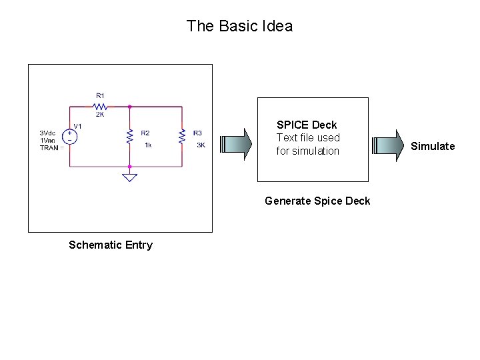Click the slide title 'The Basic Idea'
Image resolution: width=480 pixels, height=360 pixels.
[239, 26]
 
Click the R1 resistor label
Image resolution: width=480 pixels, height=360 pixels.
[100, 95]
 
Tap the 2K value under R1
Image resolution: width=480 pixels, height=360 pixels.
[100, 115]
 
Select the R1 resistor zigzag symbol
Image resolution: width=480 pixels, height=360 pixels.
[100, 105]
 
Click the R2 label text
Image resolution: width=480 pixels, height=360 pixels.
[145, 133]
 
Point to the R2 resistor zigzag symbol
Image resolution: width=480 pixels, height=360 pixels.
[129, 136]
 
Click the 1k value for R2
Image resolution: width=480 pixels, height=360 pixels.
[147, 145]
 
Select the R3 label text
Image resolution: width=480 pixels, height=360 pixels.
[197, 133]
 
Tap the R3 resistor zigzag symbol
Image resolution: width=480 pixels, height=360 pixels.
[182, 136]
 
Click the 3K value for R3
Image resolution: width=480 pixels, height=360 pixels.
[200, 145]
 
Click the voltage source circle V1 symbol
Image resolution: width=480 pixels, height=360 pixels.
[69, 136]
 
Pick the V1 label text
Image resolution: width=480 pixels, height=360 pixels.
[78, 125]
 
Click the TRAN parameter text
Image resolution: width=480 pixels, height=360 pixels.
[49, 147]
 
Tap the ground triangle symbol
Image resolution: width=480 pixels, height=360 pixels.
[129, 177]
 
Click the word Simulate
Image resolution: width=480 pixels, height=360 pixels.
[433, 146]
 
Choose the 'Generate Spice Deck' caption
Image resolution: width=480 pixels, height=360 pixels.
[317, 201]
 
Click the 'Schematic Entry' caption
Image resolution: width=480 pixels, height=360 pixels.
[111, 245]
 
